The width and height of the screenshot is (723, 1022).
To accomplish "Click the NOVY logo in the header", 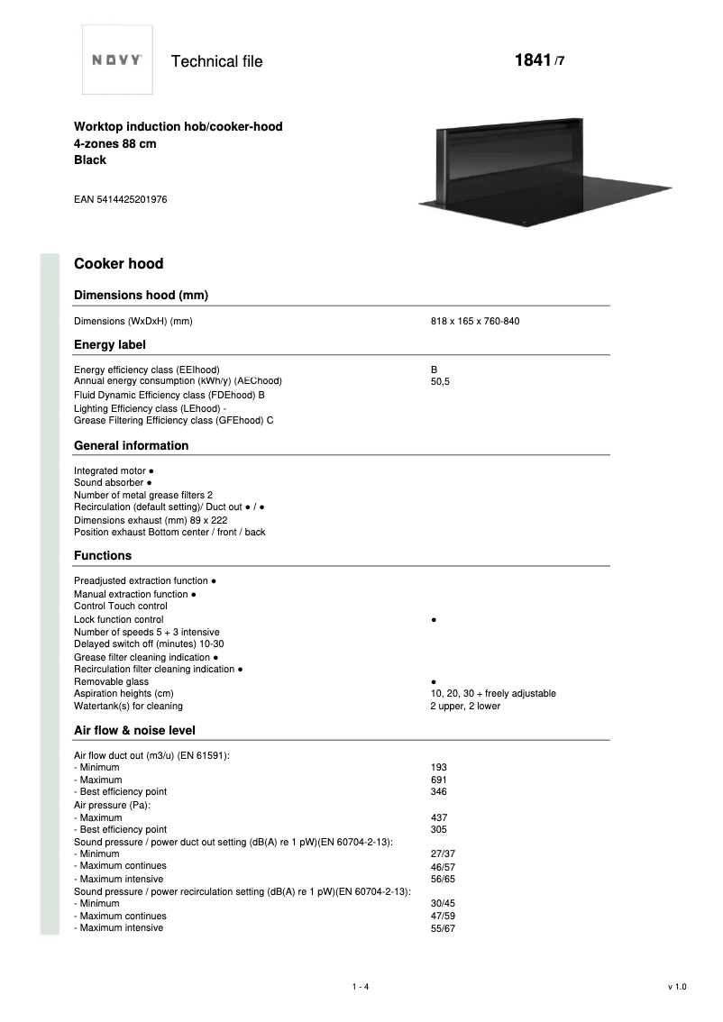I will tap(117, 60).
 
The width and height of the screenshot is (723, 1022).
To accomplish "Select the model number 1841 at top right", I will tap(532, 60).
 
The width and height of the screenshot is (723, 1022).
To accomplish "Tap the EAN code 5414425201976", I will tap(120, 199).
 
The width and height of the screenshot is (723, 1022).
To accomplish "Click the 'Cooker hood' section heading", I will tap(118, 264).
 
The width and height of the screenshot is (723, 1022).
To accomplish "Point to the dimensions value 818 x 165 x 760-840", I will tap(475, 322).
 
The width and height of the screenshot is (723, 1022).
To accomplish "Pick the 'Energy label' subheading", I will tap(109, 344).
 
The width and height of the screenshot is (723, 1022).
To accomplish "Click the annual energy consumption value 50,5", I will tap(440, 382).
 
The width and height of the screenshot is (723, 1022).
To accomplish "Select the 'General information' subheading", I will tap(131, 445).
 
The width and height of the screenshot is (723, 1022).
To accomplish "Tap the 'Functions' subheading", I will tap(102, 556).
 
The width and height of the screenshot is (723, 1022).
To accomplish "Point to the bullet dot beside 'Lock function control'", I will tap(435, 620).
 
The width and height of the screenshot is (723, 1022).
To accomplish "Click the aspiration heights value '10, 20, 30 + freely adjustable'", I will tap(493, 694).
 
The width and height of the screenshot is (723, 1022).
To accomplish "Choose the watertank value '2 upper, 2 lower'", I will tap(465, 707).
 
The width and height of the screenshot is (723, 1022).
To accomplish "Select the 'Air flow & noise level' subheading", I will tap(134, 730).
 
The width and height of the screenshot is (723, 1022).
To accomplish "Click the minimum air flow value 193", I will tap(439, 768).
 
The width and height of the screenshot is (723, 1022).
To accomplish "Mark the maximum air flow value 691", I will tap(439, 780).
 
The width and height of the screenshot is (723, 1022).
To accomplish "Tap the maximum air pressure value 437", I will tap(439, 817).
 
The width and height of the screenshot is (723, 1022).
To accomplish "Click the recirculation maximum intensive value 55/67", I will tap(443, 928).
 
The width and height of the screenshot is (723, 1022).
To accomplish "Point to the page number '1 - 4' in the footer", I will tap(361, 987).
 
